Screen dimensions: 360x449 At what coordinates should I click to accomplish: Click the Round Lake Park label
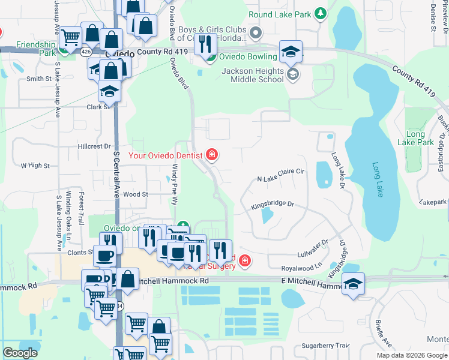[280, 14]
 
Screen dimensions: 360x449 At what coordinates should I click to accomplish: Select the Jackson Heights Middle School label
[253, 75]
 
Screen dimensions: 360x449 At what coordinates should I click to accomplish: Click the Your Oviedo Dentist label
[166, 156]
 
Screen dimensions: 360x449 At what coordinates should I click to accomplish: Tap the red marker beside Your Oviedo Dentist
[211, 155]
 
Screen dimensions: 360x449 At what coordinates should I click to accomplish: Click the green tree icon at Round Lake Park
[321, 13]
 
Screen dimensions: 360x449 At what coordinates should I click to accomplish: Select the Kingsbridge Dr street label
[273, 205]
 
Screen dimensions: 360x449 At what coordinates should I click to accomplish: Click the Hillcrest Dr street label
[95, 146]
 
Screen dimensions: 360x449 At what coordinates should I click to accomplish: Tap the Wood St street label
[136, 194]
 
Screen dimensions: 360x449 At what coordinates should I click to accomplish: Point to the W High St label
[35, 165]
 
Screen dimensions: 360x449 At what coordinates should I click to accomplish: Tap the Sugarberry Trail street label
[325, 346]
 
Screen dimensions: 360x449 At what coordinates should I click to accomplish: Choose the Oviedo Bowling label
[249, 57]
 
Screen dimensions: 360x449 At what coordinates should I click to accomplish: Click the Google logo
[20, 353]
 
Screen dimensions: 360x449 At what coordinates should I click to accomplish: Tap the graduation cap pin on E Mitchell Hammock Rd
[354, 284]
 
